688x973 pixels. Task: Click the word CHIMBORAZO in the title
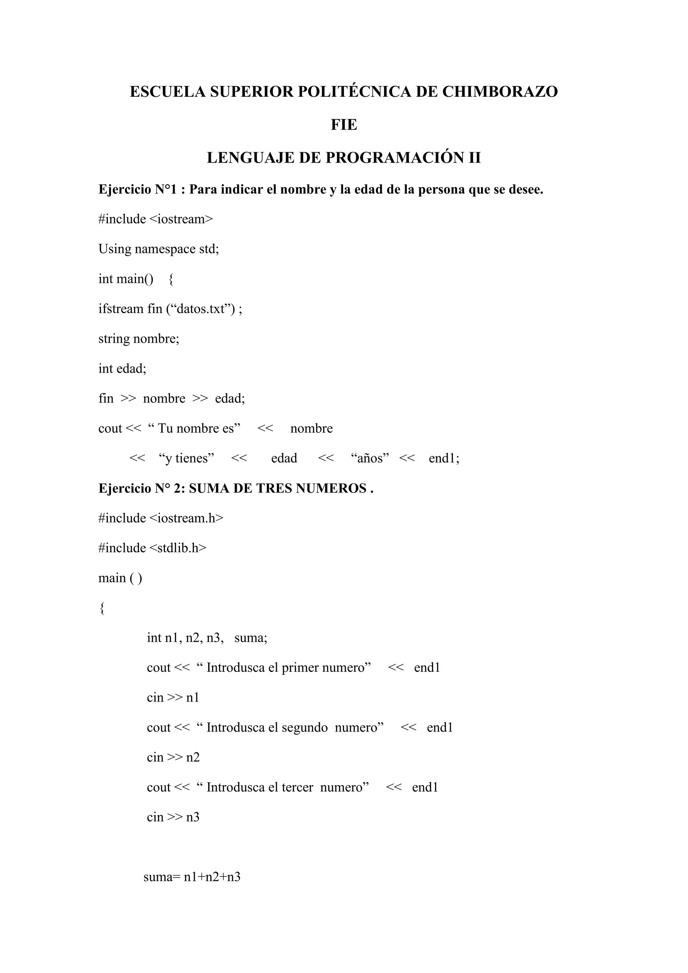coord(500,91)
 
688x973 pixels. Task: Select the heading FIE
coord(344,125)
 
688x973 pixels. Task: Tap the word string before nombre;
coord(114,339)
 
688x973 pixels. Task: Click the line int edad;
coord(122,368)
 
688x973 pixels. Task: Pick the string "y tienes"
coord(186,459)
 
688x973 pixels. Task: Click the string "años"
coord(370,459)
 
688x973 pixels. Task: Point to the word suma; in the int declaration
coord(251,638)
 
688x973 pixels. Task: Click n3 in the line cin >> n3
coord(193,817)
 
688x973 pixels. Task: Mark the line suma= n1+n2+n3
coord(192,877)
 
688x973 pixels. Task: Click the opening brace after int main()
coord(171,279)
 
